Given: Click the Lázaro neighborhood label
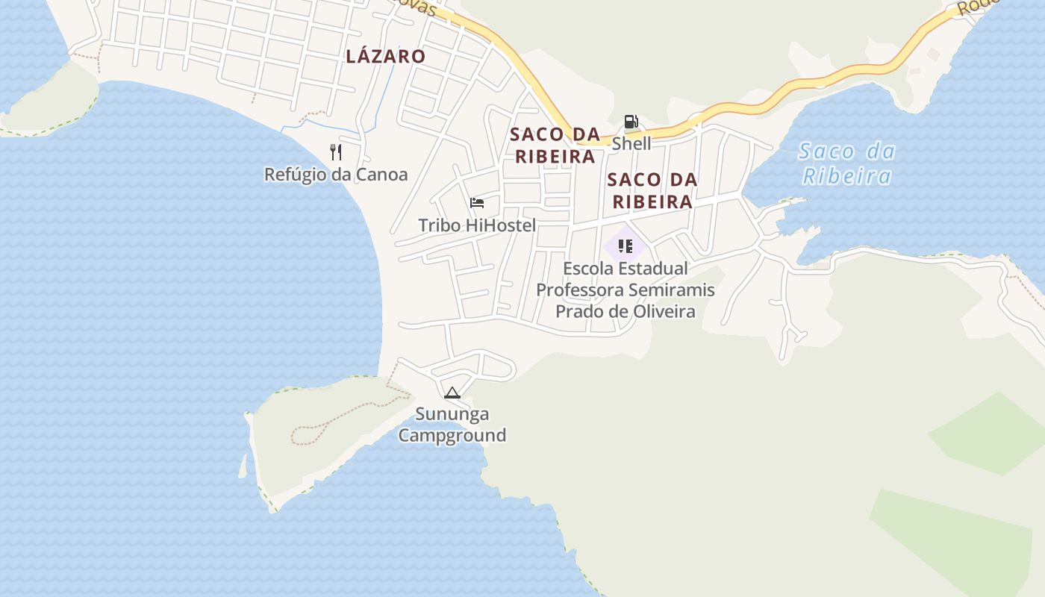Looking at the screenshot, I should pyautogui.click(x=385, y=56).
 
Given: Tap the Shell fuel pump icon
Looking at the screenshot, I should pyautogui.click(x=631, y=122).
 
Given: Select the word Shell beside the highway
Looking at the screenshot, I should pyautogui.click(x=631, y=143).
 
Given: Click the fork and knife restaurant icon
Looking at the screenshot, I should pyautogui.click(x=336, y=152).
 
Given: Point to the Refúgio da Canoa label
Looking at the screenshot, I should pyautogui.click(x=336, y=175).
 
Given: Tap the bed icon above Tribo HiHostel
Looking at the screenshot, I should pyautogui.click(x=477, y=203).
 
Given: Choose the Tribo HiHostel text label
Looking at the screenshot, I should pyautogui.click(x=477, y=225).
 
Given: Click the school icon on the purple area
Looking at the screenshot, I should pyautogui.click(x=626, y=246).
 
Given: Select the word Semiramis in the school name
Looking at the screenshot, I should pyautogui.click(x=672, y=290).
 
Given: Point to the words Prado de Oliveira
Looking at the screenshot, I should pyautogui.click(x=626, y=311).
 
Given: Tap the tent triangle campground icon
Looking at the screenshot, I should pyautogui.click(x=452, y=393).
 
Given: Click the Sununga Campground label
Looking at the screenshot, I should pyautogui.click(x=452, y=424).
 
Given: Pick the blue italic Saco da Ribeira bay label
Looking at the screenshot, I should pyautogui.click(x=846, y=163).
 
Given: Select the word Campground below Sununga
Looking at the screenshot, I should pyautogui.click(x=452, y=435).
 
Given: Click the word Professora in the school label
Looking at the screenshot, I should pyautogui.click(x=580, y=290).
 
